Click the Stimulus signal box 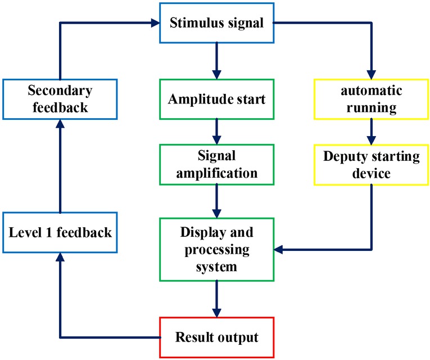click(x=216, y=24)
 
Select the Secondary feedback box click(x=60, y=99)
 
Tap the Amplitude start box click(x=216, y=100)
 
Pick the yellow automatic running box click(x=370, y=99)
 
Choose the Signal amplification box click(x=216, y=165)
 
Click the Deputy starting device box click(x=370, y=165)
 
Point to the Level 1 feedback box click(x=60, y=232)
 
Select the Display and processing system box click(x=216, y=249)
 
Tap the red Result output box click(x=216, y=337)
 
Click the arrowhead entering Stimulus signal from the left click(x=156, y=24)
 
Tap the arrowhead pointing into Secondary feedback click(x=60, y=124)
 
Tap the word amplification click(x=216, y=173)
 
